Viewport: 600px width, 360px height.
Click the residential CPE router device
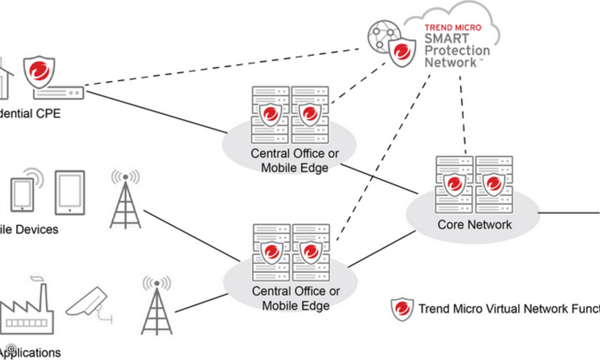[x=58, y=93]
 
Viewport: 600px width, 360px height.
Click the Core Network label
[x=474, y=224]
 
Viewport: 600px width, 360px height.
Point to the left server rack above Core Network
[x=454, y=184]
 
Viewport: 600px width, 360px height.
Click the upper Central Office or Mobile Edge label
[x=294, y=160]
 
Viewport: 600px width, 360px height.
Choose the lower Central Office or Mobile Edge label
[x=295, y=298]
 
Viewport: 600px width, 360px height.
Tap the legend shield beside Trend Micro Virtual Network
[x=402, y=309]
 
